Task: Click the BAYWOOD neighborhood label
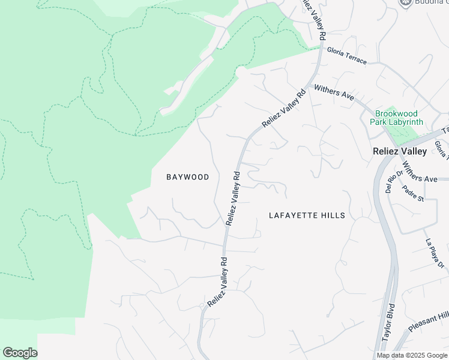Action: click(x=188, y=177)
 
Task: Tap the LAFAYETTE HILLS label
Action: click(x=307, y=215)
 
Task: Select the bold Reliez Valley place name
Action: click(x=399, y=151)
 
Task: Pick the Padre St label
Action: click(x=414, y=193)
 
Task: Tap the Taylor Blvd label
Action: click(x=390, y=331)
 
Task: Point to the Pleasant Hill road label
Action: click(x=429, y=321)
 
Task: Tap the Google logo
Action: click(x=20, y=353)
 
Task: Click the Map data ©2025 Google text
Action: click(x=411, y=355)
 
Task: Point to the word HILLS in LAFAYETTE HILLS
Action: click(x=333, y=215)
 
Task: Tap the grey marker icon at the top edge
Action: click(x=406, y=2)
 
